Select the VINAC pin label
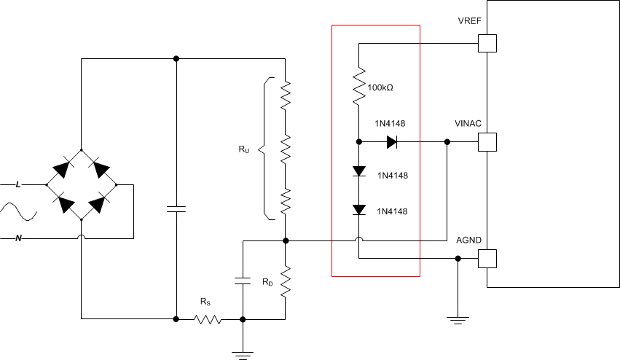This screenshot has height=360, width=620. click(468, 123)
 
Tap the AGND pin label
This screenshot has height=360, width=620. click(468, 240)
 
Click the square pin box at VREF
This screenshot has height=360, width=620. click(487, 44)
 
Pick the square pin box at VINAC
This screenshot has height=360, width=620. click(487, 141)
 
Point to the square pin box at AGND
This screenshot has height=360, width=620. click(487, 258)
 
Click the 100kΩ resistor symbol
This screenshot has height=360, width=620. click(358, 86)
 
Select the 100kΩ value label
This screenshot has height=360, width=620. click(380, 87)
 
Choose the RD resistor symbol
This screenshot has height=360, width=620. click(286, 281)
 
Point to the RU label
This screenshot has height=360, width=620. click(243, 149)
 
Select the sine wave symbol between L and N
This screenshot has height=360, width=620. click(18, 212)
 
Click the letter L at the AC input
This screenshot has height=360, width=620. click(18, 185)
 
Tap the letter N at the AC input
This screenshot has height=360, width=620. click(18, 238)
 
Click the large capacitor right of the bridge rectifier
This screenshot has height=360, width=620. click(176, 209)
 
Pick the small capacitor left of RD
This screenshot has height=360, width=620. click(243, 280)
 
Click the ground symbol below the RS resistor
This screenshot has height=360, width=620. click(243, 355)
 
